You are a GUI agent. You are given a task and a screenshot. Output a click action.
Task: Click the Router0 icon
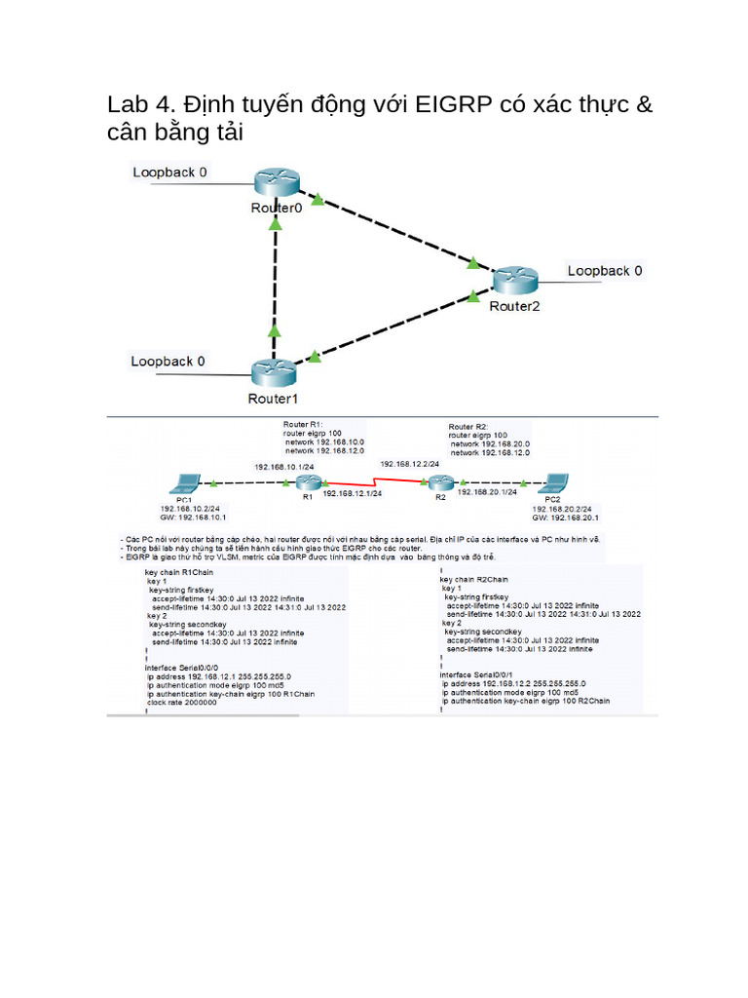[x=277, y=181]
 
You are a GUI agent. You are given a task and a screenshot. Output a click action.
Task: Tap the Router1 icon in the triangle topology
[x=274, y=372]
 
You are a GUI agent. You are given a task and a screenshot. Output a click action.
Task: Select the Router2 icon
[x=514, y=280]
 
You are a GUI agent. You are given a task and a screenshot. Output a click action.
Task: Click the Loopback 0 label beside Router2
[x=605, y=271]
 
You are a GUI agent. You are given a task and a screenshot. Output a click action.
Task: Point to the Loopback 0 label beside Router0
[x=169, y=173]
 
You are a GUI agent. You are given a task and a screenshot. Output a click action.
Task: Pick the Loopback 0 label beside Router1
[x=168, y=362]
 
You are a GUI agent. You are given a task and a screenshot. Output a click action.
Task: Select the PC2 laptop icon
[x=555, y=481]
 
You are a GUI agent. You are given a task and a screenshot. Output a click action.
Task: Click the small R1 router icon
[x=308, y=483]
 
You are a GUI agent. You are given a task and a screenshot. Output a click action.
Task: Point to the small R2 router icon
[x=441, y=482]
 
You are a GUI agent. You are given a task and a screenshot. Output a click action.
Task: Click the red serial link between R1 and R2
[x=375, y=482]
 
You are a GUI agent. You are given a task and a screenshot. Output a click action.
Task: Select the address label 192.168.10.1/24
[x=284, y=468]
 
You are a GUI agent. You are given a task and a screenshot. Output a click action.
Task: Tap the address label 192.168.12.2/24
[x=409, y=464]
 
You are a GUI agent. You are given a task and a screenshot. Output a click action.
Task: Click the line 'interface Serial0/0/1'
[x=478, y=674]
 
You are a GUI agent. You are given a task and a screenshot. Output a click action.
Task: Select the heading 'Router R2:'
[x=467, y=427]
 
